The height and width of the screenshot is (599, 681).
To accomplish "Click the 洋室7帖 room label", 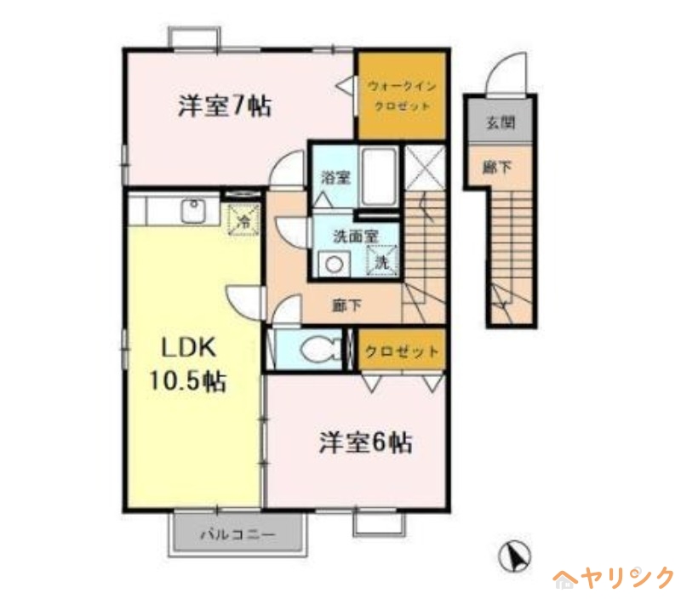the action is pos(225,106).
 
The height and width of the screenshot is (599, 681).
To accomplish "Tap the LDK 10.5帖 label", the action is pos(187,364).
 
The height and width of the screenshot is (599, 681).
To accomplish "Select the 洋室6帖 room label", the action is pos(366,442).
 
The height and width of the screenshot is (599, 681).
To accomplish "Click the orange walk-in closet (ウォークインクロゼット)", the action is pos(402,95).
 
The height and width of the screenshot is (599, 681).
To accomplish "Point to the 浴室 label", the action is pos(335,177).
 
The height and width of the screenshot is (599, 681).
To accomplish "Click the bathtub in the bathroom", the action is pos(380,177).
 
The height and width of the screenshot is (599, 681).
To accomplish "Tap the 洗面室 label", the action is pos(356,237).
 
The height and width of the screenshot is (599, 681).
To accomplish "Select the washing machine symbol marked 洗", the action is pos(381,260).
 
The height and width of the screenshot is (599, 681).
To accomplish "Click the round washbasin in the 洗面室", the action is pos(334,265).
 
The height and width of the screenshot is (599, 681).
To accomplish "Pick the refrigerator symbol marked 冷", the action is pos(244,220).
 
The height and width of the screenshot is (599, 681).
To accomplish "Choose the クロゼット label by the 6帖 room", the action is pos(402,351).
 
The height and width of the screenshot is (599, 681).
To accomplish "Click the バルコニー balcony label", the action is pos(237,534).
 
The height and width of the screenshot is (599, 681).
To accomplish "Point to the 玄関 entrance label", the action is pos(501,123).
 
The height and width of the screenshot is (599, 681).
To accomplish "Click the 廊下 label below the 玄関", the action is pos(498,166).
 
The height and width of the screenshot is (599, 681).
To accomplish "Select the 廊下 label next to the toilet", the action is pos(346,305).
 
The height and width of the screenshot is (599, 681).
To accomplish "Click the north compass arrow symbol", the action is pos(515,556).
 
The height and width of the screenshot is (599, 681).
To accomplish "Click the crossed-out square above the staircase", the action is pos(425,168).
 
